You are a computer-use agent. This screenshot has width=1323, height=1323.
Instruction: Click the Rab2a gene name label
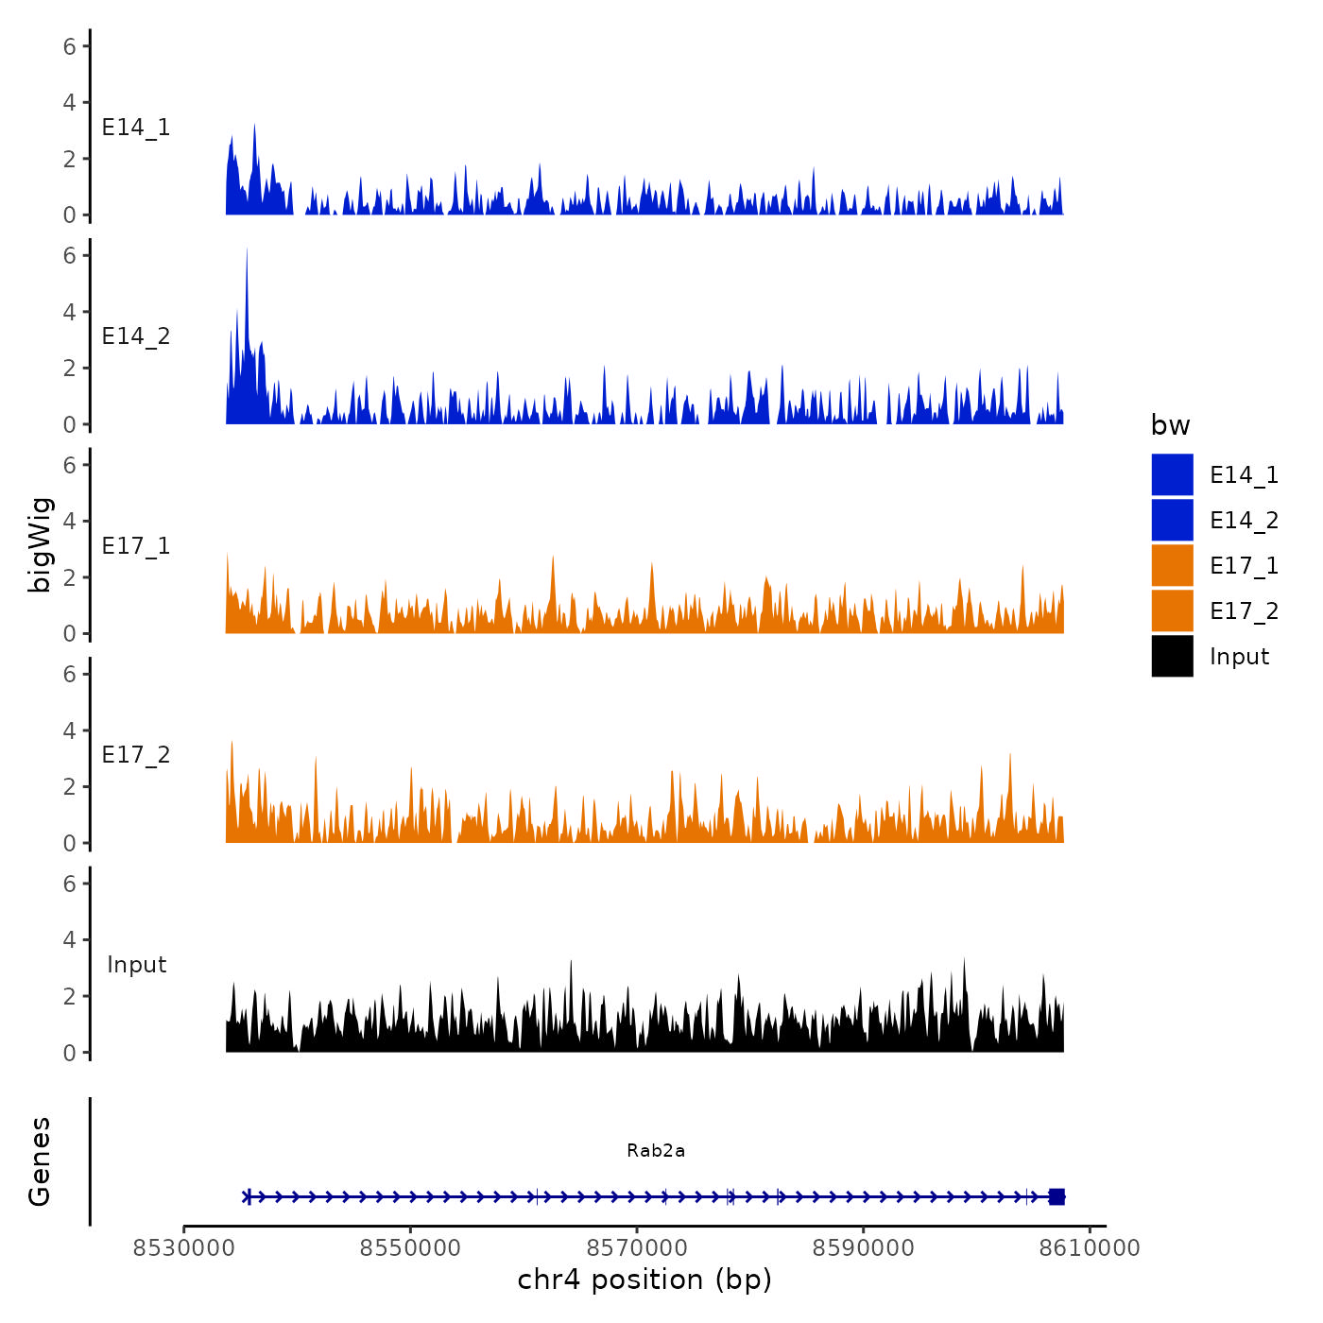[656, 1150]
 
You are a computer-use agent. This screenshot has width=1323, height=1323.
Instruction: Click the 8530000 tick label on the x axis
[184, 1248]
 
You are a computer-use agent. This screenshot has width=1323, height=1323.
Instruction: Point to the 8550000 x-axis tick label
[410, 1248]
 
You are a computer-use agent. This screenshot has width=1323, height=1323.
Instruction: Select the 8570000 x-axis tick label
[637, 1248]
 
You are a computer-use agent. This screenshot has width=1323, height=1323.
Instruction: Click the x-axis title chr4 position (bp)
[644, 1280]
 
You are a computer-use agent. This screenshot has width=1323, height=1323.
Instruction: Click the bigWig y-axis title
[40, 545]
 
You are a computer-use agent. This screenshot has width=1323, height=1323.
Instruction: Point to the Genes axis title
[40, 1161]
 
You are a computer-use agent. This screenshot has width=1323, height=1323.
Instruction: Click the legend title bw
[1170, 425]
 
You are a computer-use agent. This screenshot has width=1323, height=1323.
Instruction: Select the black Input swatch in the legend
[1172, 656]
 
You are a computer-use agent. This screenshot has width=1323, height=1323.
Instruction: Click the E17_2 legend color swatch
[1172, 610]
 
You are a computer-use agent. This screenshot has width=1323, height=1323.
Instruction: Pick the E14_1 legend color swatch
[1172, 474]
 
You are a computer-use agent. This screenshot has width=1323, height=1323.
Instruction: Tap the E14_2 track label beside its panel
[136, 336]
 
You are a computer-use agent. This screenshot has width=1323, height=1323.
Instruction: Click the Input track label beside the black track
[136, 965]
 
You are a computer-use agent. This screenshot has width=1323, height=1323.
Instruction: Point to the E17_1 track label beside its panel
[136, 546]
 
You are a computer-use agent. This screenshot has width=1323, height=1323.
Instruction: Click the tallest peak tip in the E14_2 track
[247, 249]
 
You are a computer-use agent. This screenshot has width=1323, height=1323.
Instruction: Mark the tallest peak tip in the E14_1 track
[254, 125]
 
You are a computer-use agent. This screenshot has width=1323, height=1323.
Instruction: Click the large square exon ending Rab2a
[1057, 1196]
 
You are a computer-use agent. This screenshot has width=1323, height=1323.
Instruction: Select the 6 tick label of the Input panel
[69, 884]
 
